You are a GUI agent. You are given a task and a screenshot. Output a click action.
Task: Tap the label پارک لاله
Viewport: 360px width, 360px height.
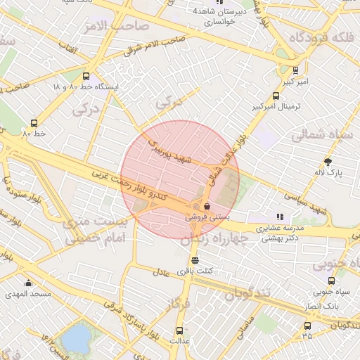tap(329, 172)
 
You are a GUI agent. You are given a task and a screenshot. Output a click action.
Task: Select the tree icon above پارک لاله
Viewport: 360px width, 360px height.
tap(328, 162)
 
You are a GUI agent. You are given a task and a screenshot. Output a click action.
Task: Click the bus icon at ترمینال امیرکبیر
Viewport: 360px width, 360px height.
tap(276, 96)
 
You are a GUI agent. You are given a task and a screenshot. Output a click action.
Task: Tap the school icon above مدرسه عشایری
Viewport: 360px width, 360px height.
tap(280, 217)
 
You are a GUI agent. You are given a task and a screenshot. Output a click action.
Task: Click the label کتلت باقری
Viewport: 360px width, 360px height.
tap(194, 271)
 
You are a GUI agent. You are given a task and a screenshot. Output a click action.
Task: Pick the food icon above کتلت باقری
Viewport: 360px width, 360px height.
tap(195, 260)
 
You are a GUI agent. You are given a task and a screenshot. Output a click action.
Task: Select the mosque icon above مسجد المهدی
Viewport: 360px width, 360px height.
tap(28, 283)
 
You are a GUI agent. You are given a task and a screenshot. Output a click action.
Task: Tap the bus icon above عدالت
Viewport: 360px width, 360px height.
tap(179, 329)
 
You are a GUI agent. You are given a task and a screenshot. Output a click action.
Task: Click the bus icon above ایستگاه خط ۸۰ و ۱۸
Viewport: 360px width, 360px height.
tap(86, 76)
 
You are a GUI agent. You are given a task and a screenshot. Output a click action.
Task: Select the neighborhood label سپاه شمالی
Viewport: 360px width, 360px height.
tap(326, 134)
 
